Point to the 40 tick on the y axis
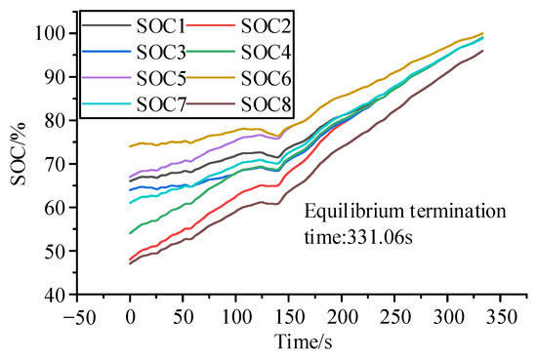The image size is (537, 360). (57, 294)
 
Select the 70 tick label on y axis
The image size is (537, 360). (57, 164)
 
